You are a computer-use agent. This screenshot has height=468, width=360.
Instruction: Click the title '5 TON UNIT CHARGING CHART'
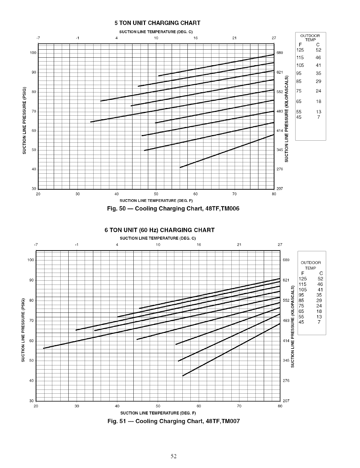(157, 23)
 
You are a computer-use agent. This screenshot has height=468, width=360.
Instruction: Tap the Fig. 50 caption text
(173, 208)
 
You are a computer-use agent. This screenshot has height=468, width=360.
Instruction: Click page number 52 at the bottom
(174, 456)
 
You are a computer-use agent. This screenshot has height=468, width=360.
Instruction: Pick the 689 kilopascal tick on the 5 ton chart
(280, 53)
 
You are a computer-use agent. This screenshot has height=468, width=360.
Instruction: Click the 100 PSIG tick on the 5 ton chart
(33, 53)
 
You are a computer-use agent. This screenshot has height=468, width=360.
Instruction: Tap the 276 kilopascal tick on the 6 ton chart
(286, 381)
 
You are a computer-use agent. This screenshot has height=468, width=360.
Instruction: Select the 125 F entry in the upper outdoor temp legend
(300, 50)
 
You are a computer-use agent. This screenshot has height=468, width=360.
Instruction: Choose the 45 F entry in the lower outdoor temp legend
(301, 322)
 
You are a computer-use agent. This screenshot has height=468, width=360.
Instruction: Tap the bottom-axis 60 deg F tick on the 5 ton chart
(195, 194)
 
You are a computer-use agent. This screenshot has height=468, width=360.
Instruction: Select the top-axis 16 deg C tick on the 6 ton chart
(199, 245)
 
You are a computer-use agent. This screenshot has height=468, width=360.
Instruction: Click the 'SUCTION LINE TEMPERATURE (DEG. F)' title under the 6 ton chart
(158, 413)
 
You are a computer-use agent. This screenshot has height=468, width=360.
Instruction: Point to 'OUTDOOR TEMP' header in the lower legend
(311, 265)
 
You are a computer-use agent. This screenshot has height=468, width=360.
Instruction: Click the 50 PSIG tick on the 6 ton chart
(31, 361)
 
